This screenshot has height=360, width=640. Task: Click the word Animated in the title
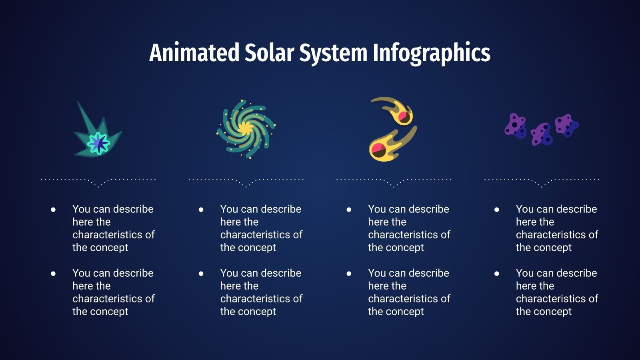click(x=194, y=53)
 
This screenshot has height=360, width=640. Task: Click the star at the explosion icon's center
click(x=98, y=143)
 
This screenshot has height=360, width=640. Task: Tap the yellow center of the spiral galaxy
click(x=245, y=128)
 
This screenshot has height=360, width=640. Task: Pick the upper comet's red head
click(x=404, y=117)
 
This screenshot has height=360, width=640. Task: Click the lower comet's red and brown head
click(x=378, y=150)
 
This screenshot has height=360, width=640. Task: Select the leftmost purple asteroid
click(x=516, y=126)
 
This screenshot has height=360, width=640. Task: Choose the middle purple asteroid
click(x=542, y=134)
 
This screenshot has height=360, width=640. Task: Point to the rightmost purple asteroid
click(x=567, y=125)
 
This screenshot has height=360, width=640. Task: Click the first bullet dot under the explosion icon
click(x=53, y=209)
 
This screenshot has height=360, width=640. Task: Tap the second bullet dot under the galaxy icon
click(x=201, y=274)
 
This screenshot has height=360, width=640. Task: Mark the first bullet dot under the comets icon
click(x=349, y=209)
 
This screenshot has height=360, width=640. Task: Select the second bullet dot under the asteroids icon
click(x=497, y=274)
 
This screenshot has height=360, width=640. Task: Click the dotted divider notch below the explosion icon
click(x=98, y=186)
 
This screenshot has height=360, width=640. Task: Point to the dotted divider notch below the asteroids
click(x=542, y=186)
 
